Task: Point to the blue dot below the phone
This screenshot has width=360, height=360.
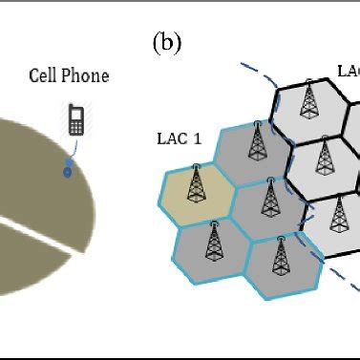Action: (x=67, y=172)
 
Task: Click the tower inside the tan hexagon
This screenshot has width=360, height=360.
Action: (x=195, y=184)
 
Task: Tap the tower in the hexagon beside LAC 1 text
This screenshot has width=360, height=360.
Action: (x=255, y=143)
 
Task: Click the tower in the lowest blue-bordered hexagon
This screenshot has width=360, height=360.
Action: (x=281, y=255)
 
